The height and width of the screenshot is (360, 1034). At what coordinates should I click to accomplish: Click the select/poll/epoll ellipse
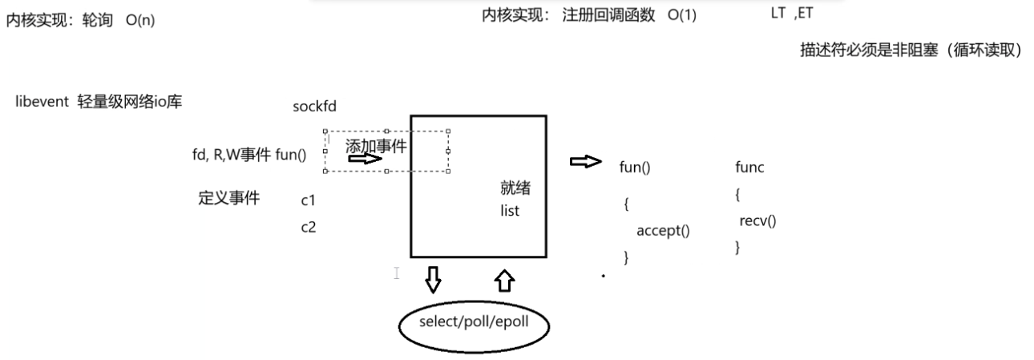[475, 325]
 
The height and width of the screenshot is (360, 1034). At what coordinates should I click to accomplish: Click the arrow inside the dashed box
[365, 159]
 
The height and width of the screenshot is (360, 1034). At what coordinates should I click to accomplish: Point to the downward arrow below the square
[433, 279]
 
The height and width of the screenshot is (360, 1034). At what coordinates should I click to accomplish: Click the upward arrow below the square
[505, 280]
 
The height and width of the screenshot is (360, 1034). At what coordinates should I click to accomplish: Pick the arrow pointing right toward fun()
[585, 163]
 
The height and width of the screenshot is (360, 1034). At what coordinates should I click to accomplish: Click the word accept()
[663, 231]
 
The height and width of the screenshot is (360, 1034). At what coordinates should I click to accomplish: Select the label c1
[308, 200]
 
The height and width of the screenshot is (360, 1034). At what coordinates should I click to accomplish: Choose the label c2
[308, 227]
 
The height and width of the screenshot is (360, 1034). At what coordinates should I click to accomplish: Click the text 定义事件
[228, 198]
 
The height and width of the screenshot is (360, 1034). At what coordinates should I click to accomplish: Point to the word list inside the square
[508, 212]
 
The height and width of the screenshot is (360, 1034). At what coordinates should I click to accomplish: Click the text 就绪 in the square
[515, 189]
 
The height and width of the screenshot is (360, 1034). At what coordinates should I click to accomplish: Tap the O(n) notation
[140, 20]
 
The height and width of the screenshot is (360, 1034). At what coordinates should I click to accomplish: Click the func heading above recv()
[750, 167]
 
